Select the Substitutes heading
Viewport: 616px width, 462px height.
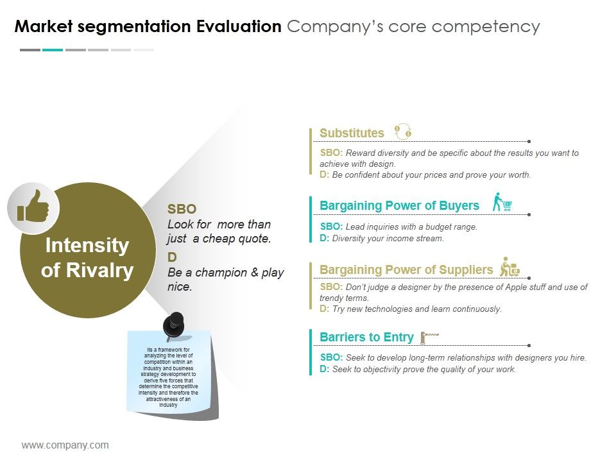click(352, 133)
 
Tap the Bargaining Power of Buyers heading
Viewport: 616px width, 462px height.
click(399, 205)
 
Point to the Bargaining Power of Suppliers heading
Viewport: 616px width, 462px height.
click(406, 269)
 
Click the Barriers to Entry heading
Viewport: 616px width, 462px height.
click(366, 337)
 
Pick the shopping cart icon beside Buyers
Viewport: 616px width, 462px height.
click(502, 203)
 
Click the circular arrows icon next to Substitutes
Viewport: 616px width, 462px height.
click(402, 132)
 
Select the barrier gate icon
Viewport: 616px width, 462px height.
click(429, 336)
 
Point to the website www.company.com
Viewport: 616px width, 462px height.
click(65, 445)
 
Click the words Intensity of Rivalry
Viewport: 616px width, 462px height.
click(87, 257)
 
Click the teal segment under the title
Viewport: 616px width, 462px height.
click(53, 49)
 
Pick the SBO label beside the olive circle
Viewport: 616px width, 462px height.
click(182, 209)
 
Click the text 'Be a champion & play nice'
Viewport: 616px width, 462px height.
click(225, 279)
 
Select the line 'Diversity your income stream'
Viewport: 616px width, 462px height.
click(388, 239)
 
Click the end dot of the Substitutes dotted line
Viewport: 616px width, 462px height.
click(528, 141)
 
